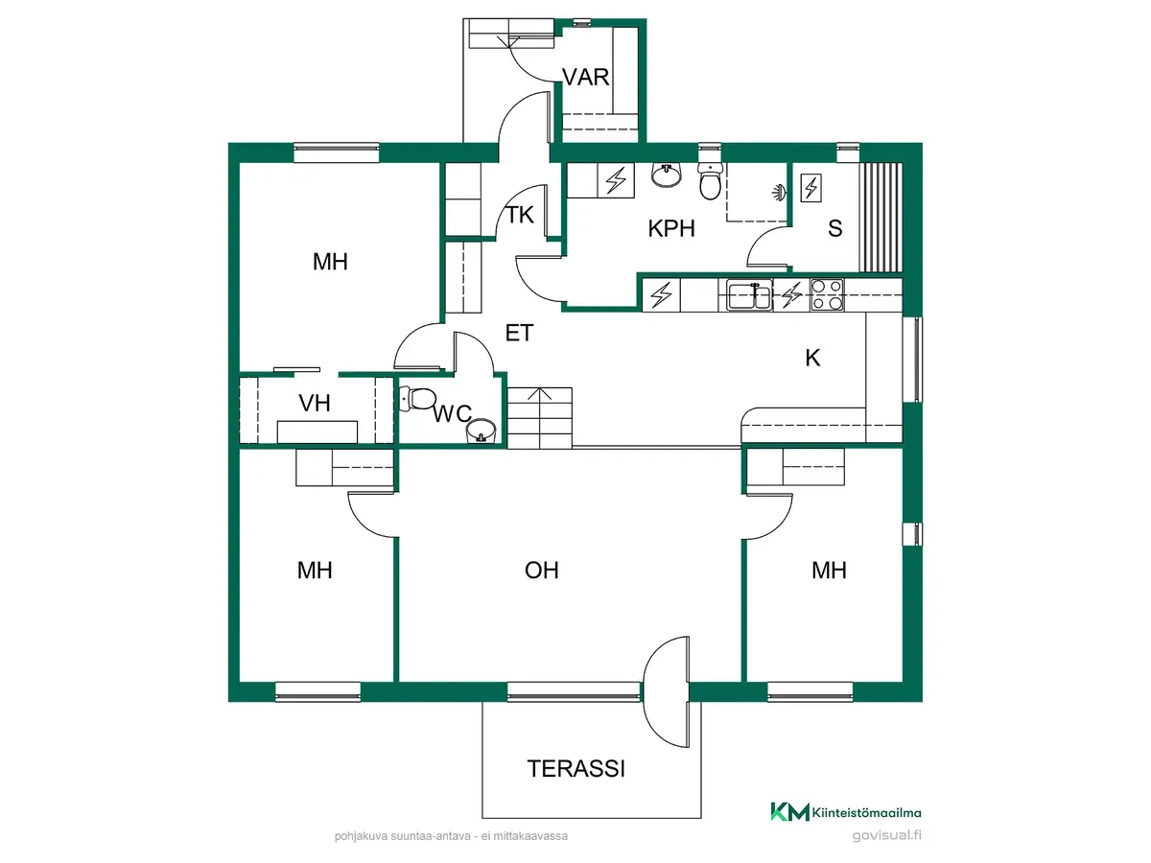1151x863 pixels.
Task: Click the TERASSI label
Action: click(x=575, y=769)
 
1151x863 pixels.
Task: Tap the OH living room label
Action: click(x=542, y=571)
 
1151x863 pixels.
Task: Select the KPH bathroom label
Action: click(x=671, y=228)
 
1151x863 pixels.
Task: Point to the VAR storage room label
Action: click(x=585, y=77)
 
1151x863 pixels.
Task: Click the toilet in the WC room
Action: click(x=417, y=398)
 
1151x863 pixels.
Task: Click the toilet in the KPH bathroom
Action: click(x=710, y=181)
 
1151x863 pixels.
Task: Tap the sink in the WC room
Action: click(x=481, y=431)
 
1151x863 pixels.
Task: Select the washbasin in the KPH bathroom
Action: click(x=667, y=175)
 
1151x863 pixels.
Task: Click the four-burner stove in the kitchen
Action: click(x=827, y=294)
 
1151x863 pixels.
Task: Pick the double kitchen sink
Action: click(x=749, y=295)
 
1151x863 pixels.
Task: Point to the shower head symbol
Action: click(x=780, y=193)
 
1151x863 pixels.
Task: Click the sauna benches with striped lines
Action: click(x=881, y=217)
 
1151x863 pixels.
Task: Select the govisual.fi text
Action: click(x=886, y=835)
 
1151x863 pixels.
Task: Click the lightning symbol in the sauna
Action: click(x=811, y=188)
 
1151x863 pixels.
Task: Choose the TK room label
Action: click(x=520, y=215)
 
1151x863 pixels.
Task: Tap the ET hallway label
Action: click(x=519, y=334)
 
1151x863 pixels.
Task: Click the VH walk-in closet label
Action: click(x=315, y=404)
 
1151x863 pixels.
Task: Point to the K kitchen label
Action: click(x=812, y=359)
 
